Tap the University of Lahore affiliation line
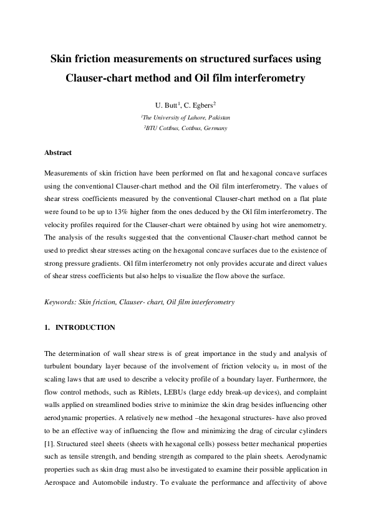tap(185, 117)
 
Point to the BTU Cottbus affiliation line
tap(185, 128)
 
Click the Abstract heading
tap(58, 152)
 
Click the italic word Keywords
tap(60, 302)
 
